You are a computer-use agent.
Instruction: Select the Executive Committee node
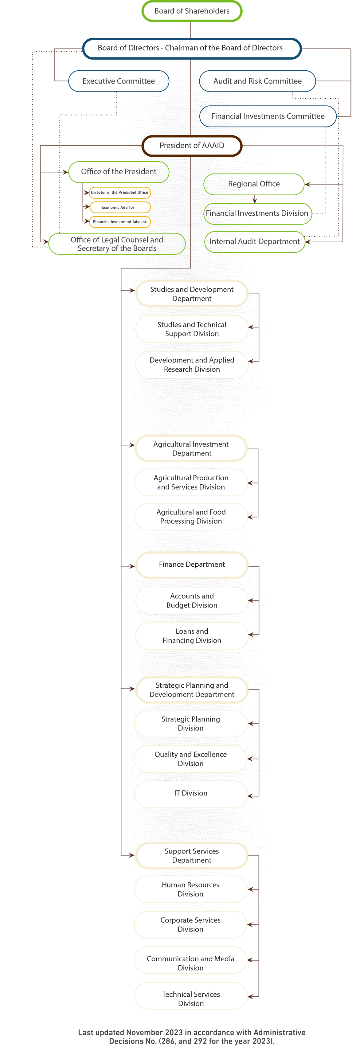(119, 81)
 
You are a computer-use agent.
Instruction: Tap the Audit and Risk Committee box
(258, 81)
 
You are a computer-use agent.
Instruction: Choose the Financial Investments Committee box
(268, 116)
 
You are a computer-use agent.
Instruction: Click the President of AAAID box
(192, 146)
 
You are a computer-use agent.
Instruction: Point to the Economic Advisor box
(120, 207)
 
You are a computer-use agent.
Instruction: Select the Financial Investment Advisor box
(120, 222)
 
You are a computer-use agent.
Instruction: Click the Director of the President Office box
(120, 193)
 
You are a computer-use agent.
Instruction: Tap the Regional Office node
(254, 184)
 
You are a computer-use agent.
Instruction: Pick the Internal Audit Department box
(255, 242)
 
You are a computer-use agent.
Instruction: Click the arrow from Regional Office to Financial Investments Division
(255, 199)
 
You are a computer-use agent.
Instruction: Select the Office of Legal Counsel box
(117, 244)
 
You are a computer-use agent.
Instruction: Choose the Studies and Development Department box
(192, 293)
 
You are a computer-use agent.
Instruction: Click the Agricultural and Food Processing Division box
(191, 517)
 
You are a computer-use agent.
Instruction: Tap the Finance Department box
(192, 565)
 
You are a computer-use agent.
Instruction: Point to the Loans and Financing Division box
(192, 636)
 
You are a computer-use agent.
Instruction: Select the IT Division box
(191, 793)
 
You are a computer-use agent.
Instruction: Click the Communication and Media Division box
(190, 963)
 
